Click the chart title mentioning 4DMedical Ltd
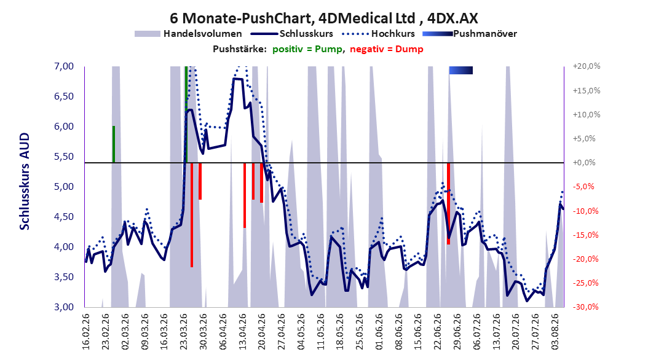323,18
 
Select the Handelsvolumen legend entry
188,34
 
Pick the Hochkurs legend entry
378,34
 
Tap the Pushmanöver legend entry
470,34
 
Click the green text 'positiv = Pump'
307,49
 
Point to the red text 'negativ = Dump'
387,49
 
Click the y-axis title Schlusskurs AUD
25,181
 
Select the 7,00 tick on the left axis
64,66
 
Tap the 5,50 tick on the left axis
64,157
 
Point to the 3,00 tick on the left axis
64,307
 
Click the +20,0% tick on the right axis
587,66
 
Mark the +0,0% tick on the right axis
584,163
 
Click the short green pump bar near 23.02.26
114,144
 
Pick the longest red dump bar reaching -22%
192,215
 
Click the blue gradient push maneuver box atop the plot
460,71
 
